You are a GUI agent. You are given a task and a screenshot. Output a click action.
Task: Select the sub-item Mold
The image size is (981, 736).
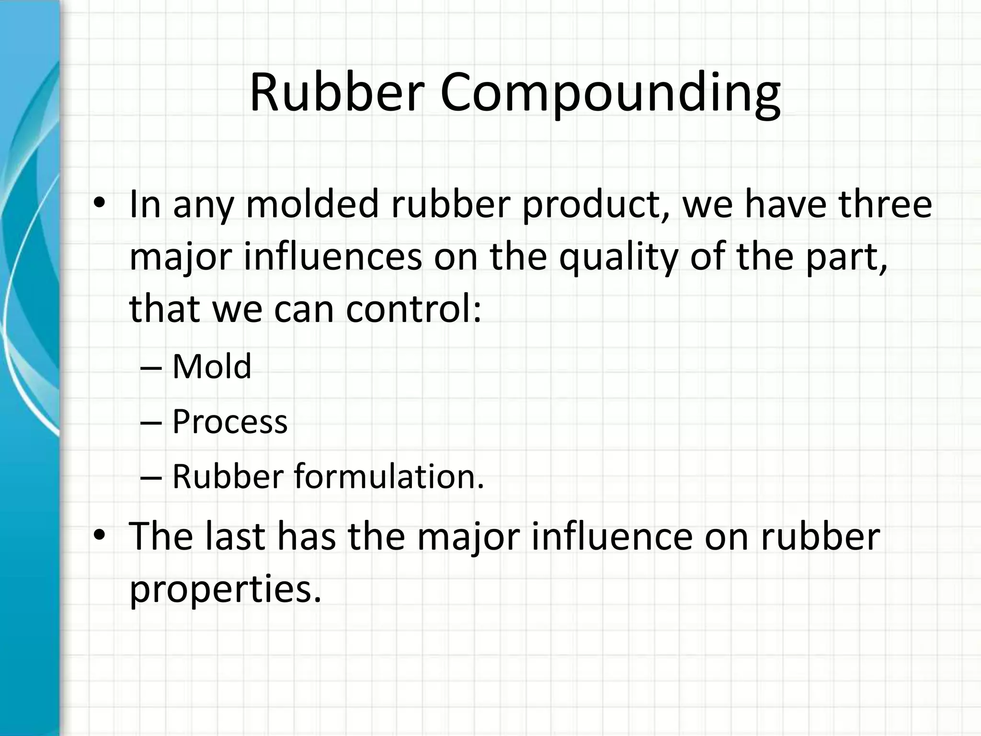pos(212,367)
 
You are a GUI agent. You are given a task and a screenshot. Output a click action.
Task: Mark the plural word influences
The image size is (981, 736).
pos(333,257)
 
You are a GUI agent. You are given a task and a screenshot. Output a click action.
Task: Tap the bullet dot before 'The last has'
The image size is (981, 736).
pos(99,535)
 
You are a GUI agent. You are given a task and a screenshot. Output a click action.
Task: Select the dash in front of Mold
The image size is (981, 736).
pos(152,368)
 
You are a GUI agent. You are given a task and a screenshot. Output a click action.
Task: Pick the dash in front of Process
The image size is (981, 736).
pos(152,423)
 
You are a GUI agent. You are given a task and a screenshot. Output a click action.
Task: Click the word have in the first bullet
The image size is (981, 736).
pos(785,205)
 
